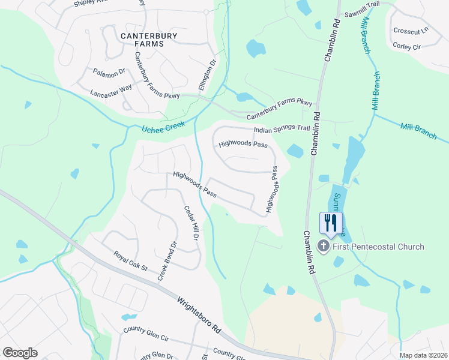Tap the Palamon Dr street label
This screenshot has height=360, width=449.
point(109,72)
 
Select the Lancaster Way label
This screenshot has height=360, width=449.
point(111,91)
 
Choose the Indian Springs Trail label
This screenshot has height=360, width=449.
point(282,128)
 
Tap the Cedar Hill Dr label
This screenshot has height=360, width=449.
point(190,223)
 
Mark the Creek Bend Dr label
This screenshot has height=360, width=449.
point(168,261)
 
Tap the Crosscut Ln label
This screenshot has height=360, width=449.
point(411,31)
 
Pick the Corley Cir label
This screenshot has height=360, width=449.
point(407,46)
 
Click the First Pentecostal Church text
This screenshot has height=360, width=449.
point(379,247)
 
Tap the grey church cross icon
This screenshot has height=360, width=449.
point(324,246)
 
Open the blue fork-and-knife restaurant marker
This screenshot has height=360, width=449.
point(330,224)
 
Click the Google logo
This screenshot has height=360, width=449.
point(20,353)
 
